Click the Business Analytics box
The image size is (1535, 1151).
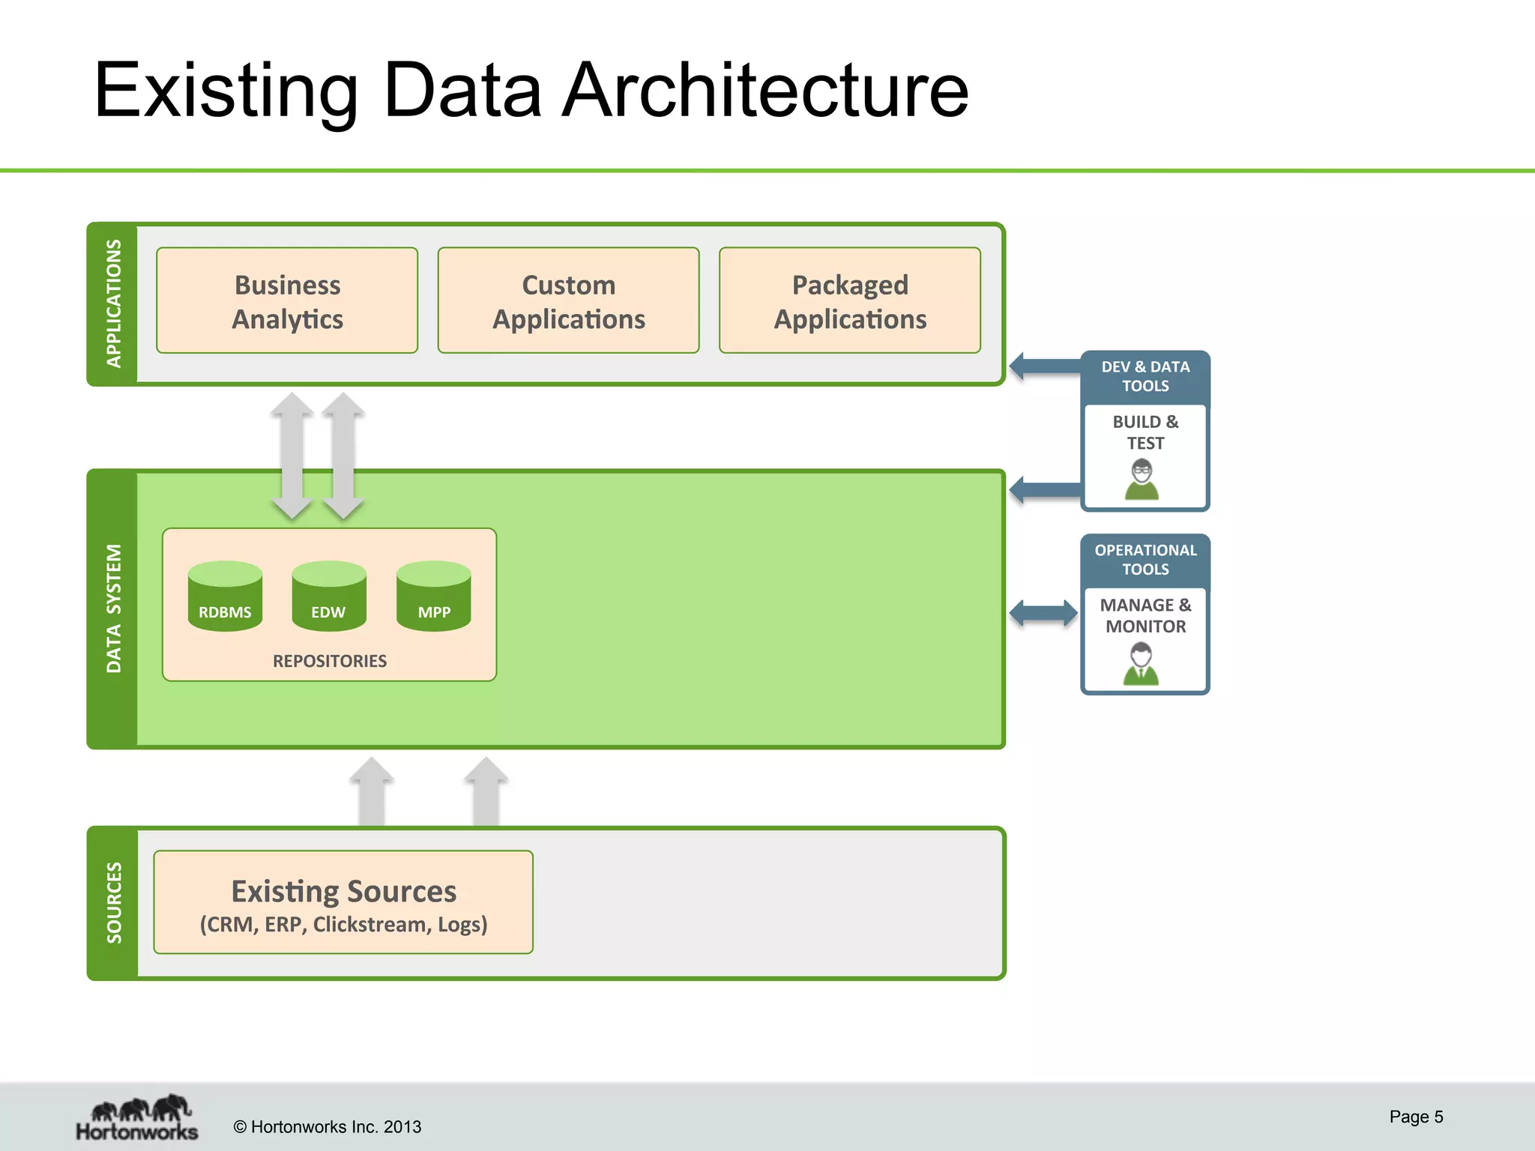pos(287,300)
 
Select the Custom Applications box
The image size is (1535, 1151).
pos(568,300)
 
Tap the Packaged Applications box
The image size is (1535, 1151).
pos(849,300)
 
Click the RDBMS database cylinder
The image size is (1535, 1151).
pos(225,597)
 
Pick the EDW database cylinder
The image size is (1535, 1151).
pos(329,597)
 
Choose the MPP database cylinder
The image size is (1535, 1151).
pos(433,597)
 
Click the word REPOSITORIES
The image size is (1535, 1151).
pos(330,661)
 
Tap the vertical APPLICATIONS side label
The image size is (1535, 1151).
pos(113,303)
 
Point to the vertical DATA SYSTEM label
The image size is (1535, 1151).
pos(113,608)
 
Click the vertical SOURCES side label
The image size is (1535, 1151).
pos(114,902)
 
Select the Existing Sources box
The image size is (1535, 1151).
pos(343,902)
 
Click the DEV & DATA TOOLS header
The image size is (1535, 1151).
pos(1145,376)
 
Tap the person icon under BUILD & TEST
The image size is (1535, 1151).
pos(1142,480)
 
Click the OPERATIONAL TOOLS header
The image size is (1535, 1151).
pos(1145,560)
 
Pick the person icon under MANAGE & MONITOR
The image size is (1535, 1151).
pos(1141,665)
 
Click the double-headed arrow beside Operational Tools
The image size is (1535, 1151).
pos(1043,613)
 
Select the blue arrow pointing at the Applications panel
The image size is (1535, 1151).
pos(1046,366)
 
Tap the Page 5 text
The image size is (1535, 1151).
pos(1415,1117)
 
